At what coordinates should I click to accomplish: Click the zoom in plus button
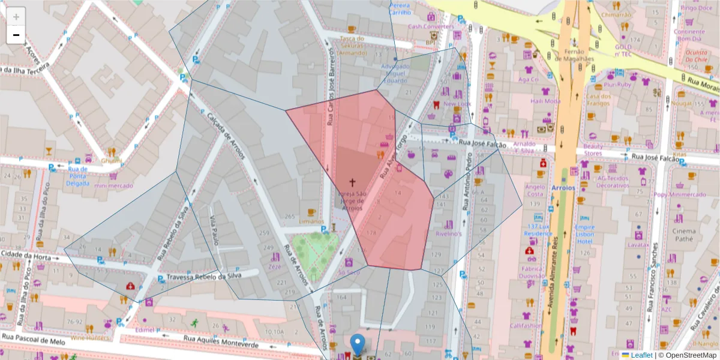pyautogui.click(x=16, y=17)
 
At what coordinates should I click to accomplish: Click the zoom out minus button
pyautogui.click(x=16, y=35)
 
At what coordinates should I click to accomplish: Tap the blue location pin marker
pyautogui.click(x=358, y=345)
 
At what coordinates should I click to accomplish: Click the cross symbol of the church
pyautogui.click(x=352, y=182)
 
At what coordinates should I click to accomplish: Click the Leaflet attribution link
pyautogui.click(x=641, y=355)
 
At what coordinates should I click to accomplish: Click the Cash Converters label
pyautogui.click(x=431, y=26)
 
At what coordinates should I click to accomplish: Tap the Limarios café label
pyautogui.click(x=311, y=221)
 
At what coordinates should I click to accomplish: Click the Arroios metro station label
pyautogui.click(x=563, y=188)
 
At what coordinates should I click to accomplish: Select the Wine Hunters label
pyautogui.click(x=91, y=338)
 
